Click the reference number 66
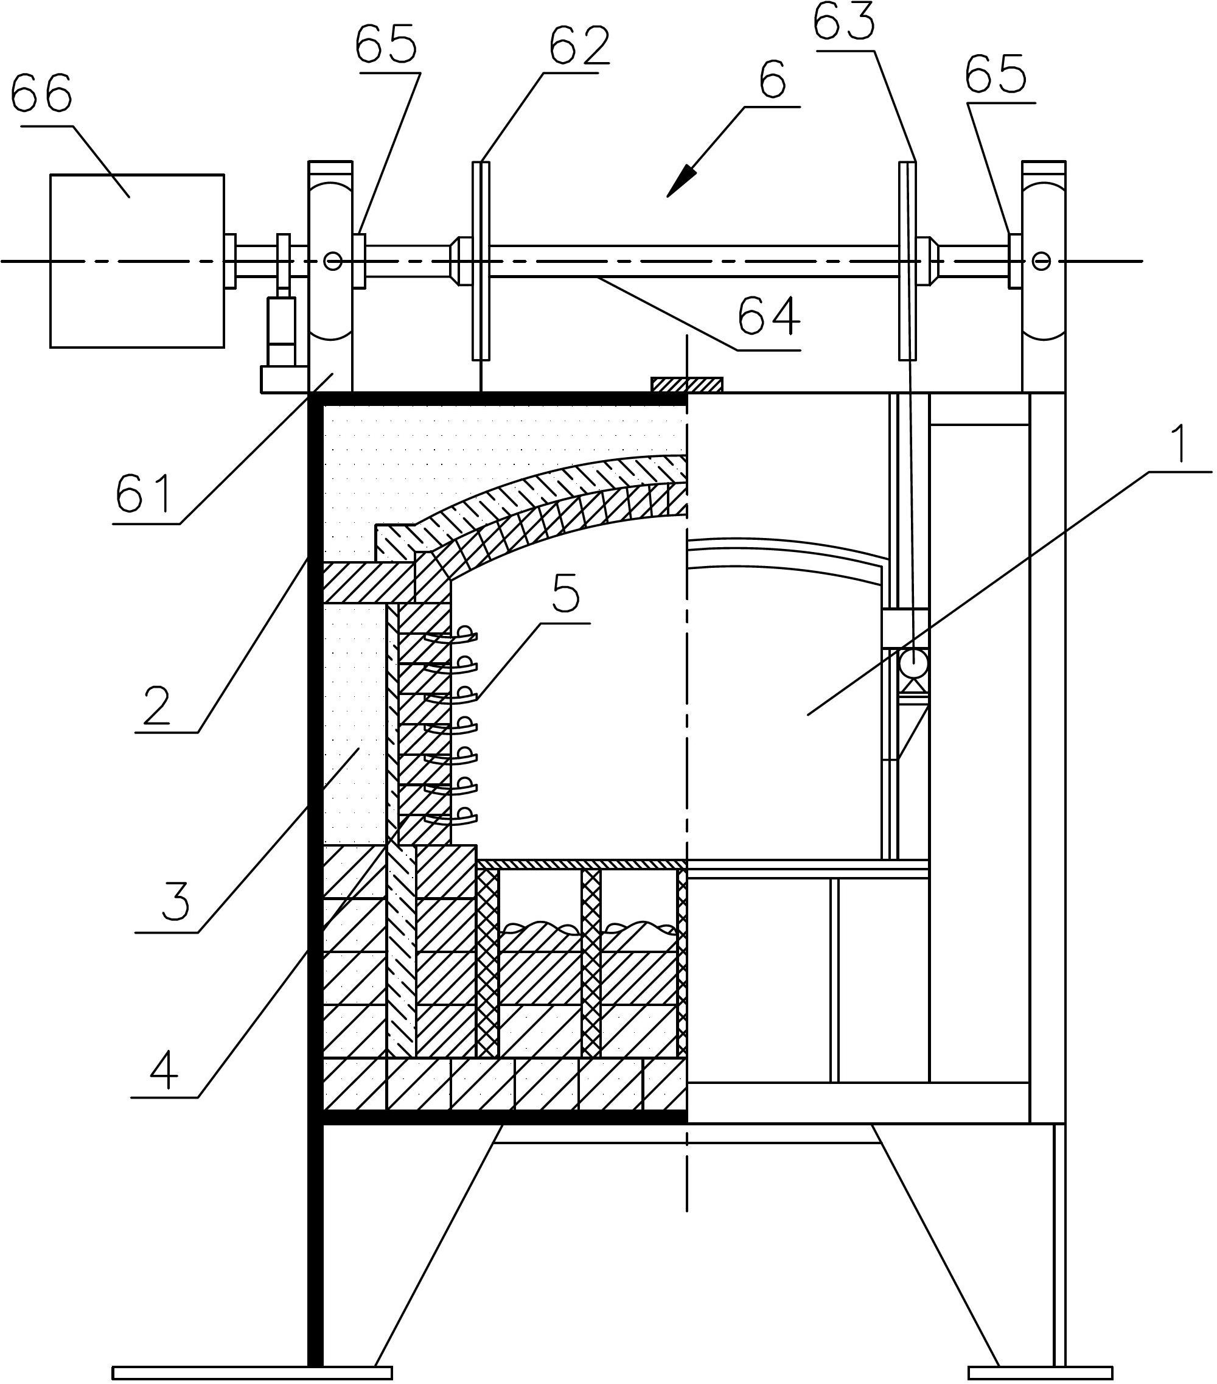pos(41,96)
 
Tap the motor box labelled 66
pos(137,260)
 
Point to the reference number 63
pos(844,22)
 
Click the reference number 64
pos(770,317)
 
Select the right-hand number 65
pos(996,74)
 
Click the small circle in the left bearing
pos(332,260)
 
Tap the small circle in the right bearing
pos(1041,260)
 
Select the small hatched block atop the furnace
pos(687,385)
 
